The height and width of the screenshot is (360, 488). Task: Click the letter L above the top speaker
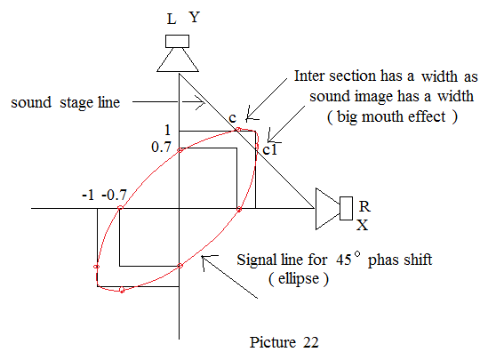point(172,19)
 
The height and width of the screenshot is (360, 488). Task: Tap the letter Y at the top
point(195,17)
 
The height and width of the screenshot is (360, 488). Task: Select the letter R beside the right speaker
point(364,206)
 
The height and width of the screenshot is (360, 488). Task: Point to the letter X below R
point(363,225)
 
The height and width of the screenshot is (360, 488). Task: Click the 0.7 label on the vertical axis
point(161,147)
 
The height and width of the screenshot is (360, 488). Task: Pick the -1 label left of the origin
point(88,196)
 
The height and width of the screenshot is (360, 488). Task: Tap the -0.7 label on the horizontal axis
point(114,196)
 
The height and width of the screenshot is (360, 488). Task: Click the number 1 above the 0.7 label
point(167,130)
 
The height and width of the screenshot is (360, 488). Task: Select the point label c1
point(270,149)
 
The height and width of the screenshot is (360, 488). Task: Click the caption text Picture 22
point(284,342)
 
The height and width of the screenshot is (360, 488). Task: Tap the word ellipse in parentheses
point(299,278)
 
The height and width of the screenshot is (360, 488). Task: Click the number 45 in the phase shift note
point(344,260)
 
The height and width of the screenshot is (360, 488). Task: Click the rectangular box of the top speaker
point(177,42)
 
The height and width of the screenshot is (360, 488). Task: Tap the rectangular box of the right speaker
point(346,208)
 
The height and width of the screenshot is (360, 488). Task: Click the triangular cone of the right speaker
point(328,209)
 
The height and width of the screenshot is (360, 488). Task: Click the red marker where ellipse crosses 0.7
point(180,150)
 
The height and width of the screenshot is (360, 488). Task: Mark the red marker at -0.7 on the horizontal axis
point(120,207)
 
